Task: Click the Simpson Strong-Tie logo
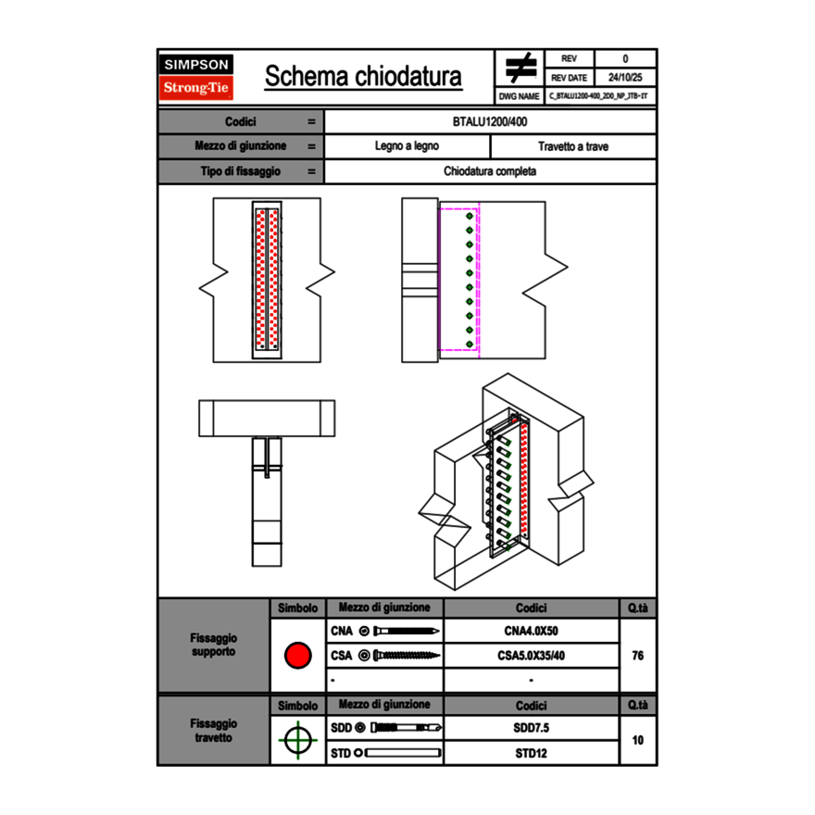tap(196, 77)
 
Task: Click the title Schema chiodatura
tap(363, 77)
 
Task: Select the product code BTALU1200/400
tap(490, 121)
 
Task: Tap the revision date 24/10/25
tap(625, 78)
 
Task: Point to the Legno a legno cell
tap(407, 146)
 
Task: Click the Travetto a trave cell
tap(572, 146)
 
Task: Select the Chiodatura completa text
tap(490, 171)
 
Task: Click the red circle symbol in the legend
tap(297, 656)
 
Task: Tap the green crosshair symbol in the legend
tap(297, 740)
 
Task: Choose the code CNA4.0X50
tap(531, 632)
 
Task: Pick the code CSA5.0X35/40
tap(531, 656)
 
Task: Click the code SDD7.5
tap(531, 728)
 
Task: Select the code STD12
tap(531, 753)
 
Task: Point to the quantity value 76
tap(637, 656)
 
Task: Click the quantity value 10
tap(637, 740)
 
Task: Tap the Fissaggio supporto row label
tap(213, 645)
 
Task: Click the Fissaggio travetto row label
tap(213, 730)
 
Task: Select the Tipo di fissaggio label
tap(241, 171)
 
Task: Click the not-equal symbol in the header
tap(520, 68)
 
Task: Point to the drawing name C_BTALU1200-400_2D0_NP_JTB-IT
tap(599, 95)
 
